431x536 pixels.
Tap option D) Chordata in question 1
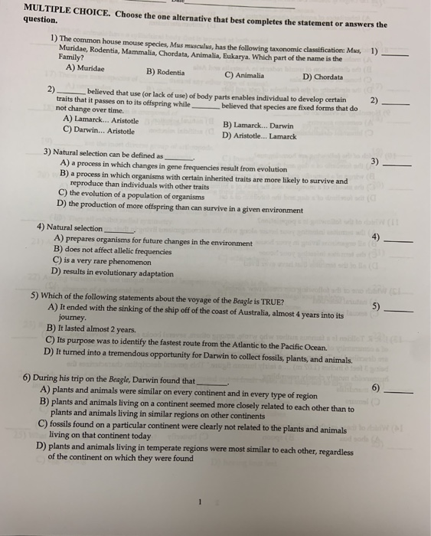coord(322,77)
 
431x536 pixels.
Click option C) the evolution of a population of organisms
coord(142,194)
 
